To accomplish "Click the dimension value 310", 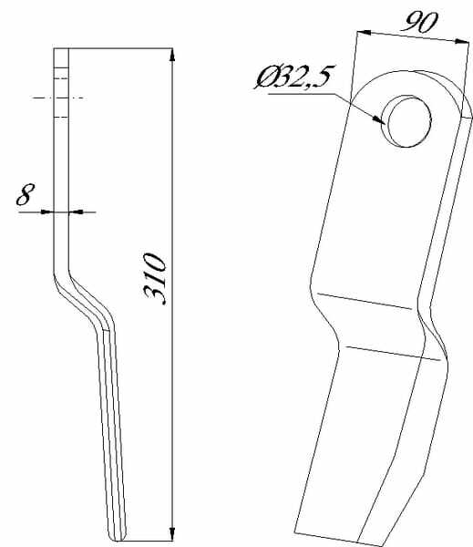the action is click(154, 279).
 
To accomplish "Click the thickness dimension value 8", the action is click(26, 194).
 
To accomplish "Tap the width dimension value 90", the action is click(420, 22).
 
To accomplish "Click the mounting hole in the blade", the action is click(406, 120).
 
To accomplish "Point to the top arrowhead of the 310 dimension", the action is click(171, 55).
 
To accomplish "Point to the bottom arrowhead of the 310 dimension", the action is click(171, 534).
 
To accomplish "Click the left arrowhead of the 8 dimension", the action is click(46, 212).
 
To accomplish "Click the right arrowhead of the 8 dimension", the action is click(76, 212).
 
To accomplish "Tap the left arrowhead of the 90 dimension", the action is click(365, 33).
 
